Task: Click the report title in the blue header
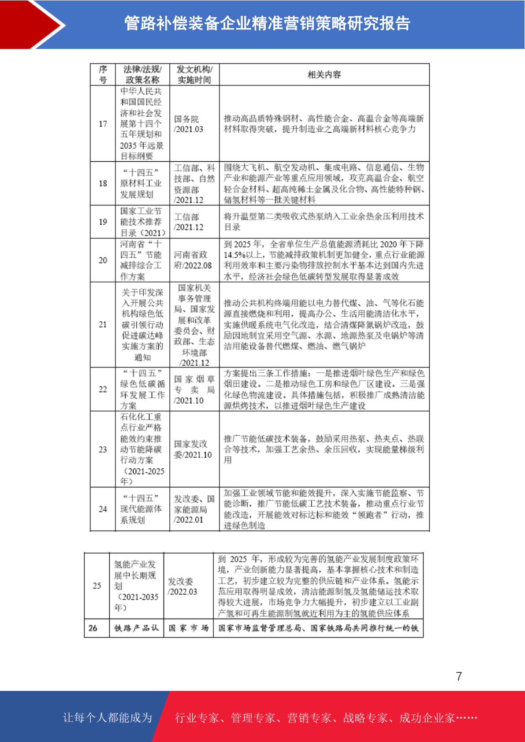click(267, 23)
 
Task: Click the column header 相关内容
click(324, 74)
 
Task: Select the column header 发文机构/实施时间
click(194, 74)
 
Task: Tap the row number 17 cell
click(103, 124)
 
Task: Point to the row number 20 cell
click(103, 260)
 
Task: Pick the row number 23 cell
click(103, 449)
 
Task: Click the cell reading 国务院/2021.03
click(188, 124)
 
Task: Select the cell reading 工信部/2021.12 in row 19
click(188, 222)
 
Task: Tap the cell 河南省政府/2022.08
click(193, 260)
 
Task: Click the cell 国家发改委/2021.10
click(193, 449)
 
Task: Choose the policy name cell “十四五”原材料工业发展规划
click(141, 183)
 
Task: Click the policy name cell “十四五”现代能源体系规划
click(141, 509)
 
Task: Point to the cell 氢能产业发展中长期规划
click(136, 586)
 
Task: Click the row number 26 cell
click(93, 628)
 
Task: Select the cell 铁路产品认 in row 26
click(136, 628)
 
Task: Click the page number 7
click(459, 676)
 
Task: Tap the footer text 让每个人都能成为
click(108, 717)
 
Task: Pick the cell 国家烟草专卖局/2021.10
click(194, 390)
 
